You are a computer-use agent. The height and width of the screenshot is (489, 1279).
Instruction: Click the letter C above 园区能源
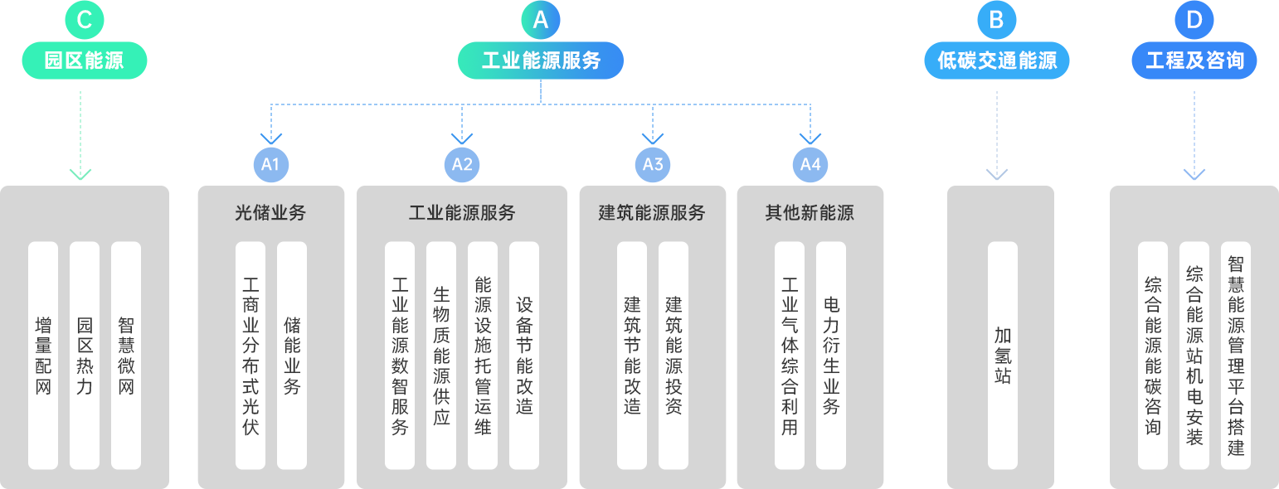(84, 20)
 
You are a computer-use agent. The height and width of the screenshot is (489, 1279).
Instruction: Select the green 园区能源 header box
(84, 61)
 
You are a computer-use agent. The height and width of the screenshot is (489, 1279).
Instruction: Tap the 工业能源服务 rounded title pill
(541, 61)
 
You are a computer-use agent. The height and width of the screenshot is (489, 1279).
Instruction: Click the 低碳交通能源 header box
(996, 61)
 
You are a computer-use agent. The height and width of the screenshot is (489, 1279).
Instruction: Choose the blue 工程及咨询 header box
(1194, 61)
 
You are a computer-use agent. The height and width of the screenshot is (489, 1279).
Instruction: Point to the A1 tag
(270, 164)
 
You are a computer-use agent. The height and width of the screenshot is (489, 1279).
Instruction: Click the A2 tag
(462, 164)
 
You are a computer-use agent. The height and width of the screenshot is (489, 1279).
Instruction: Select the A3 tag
(653, 164)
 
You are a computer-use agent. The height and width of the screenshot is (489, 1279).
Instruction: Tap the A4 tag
(810, 164)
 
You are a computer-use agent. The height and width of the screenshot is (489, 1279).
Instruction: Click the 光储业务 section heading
(270, 213)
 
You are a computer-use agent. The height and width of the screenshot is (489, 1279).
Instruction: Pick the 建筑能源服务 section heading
(652, 213)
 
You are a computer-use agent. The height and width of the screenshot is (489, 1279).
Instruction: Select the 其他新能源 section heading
(810, 213)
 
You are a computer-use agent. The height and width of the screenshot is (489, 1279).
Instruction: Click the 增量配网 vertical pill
(43, 356)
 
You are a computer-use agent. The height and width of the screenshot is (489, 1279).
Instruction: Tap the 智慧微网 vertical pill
(126, 356)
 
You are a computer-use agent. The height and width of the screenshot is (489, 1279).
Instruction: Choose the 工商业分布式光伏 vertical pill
(250, 356)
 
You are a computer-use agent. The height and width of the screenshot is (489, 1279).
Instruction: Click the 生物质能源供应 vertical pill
(441, 356)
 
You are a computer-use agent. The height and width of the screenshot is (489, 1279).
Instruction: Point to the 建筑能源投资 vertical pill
(674, 356)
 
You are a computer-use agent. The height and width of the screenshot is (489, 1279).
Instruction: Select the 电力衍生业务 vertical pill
(831, 356)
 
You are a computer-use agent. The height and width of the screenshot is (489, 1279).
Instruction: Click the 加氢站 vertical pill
(1003, 356)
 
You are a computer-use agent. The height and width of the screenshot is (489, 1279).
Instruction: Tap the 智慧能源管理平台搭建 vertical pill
(1236, 356)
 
